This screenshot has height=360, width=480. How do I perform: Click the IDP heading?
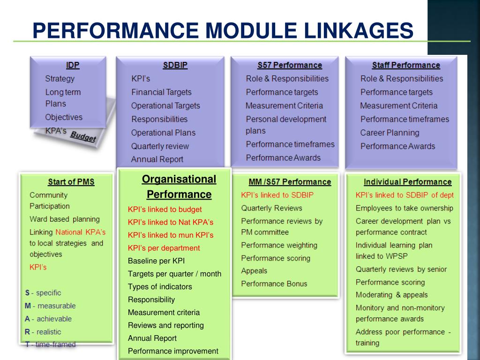pyautogui.click(x=73, y=65)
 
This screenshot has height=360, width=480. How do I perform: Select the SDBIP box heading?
pyautogui.click(x=175, y=65)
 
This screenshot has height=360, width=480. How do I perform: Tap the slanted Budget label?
pyautogui.click(x=83, y=136)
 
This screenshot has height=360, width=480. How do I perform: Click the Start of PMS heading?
pyautogui.click(x=71, y=182)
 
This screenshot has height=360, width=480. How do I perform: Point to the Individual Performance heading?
pyautogui.click(x=407, y=182)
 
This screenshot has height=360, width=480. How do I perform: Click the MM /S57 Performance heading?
pyautogui.click(x=290, y=182)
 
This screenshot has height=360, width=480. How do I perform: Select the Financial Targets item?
pyautogui.click(x=161, y=92)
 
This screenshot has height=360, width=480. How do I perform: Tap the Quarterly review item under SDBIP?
pyautogui.click(x=160, y=146)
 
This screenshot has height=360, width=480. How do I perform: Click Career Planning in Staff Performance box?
pyautogui.click(x=390, y=133)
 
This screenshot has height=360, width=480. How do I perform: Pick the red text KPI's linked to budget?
pyautogui.click(x=165, y=210)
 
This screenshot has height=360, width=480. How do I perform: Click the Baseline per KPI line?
pyautogui.click(x=156, y=261)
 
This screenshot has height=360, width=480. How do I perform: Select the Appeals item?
pyautogui.click(x=254, y=271)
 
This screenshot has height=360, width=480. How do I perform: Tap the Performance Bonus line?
pyautogui.click(x=274, y=284)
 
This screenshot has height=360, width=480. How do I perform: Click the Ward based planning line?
pyautogui.click(x=65, y=219)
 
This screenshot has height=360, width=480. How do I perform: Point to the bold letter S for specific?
pyautogui.click(x=27, y=293)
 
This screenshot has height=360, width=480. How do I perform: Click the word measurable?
pyautogui.click(x=57, y=306)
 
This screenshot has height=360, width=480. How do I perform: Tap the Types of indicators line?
pyautogui.click(x=160, y=286)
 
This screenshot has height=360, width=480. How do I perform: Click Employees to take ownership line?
pyautogui.click(x=404, y=208)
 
